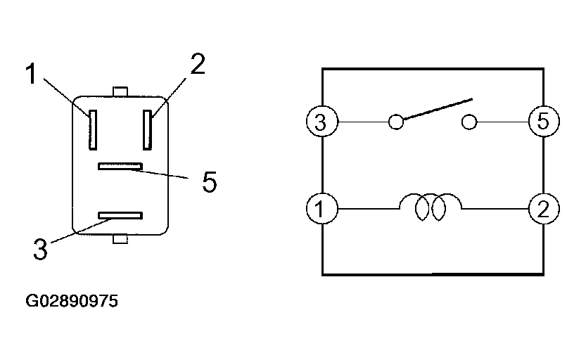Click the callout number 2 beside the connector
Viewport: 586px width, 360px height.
coord(198,65)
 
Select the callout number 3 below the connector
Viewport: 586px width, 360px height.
coord(41,247)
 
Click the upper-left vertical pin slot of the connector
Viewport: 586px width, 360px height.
coord(92,129)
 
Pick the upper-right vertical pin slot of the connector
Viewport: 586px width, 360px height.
coord(148,129)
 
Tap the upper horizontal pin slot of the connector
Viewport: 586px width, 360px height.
coord(120,167)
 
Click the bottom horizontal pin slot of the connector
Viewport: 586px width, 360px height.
coord(120,214)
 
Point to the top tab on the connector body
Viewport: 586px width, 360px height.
coord(120,91)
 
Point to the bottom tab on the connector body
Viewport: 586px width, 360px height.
coord(120,240)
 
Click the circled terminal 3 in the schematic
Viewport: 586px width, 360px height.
coord(321,123)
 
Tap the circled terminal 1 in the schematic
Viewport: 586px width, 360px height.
coord(321,209)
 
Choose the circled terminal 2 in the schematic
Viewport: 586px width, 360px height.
coord(544,209)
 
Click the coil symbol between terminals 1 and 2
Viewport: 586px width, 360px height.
coord(431,207)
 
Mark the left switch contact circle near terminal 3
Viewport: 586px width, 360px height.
coord(397,123)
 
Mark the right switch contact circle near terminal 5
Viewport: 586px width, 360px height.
coord(469,123)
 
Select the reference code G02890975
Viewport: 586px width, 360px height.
coord(72,302)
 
